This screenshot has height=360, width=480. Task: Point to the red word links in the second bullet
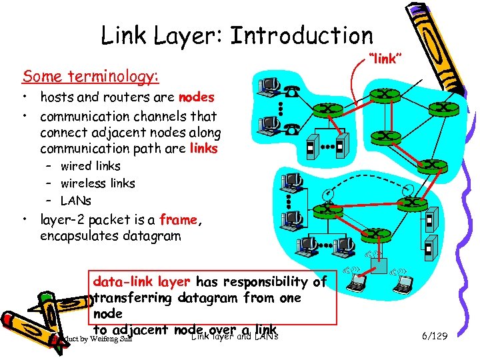(x=203, y=148)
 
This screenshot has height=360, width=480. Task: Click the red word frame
(x=178, y=219)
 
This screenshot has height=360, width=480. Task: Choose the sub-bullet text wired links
(x=91, y=166)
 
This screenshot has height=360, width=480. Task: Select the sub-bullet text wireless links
(x=97, y=183)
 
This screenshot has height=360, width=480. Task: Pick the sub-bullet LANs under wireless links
(x=76, y=201)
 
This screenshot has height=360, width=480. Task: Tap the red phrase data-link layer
(x=141, y=281)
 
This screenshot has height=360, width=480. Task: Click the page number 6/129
(x=434, y=336)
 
